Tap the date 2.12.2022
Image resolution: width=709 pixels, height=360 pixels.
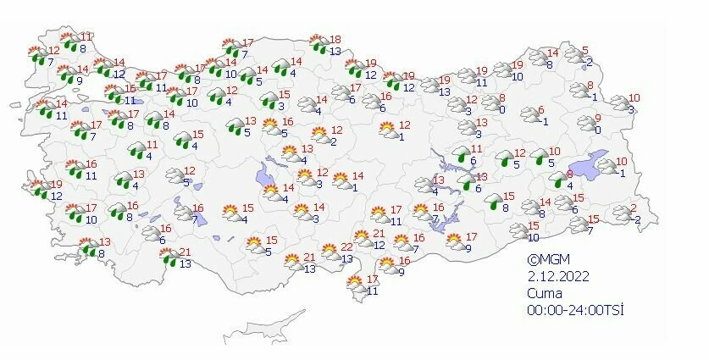[x=555, y=276]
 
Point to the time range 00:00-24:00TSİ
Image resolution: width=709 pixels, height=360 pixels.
[x=574, y=310]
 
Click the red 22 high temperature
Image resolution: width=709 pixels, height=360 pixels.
[x=347, y=246]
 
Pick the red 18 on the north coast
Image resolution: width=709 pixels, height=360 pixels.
[x=335, y=39]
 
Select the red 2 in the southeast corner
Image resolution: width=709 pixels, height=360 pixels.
[x=634, y=208]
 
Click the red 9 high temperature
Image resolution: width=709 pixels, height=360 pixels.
[x=597, y=118]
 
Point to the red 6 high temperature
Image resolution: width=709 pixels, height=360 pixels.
[x=541, y=109]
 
